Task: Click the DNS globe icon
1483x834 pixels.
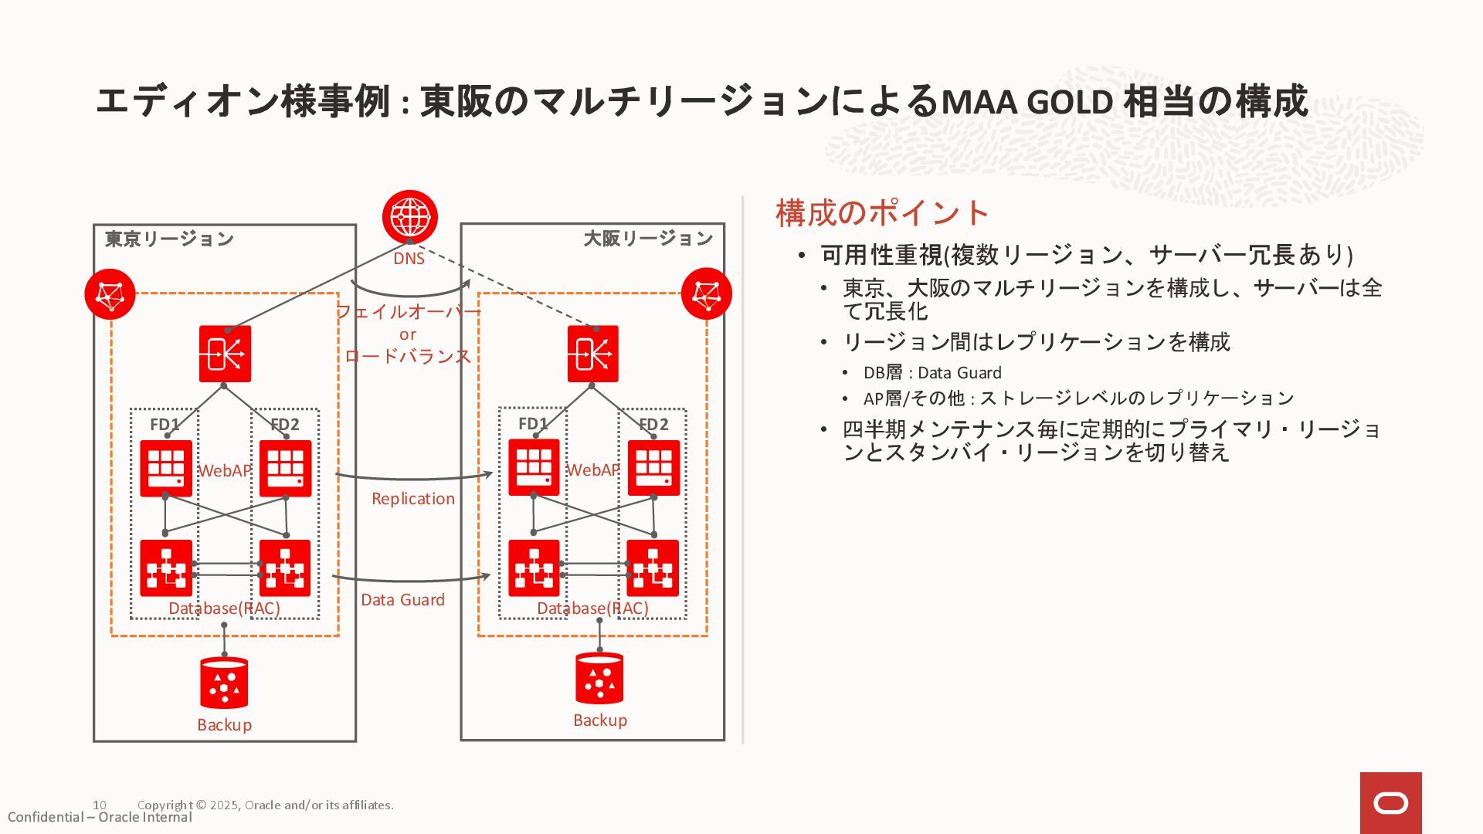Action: click(x=409, y=217)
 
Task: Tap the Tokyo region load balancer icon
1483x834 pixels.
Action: click(x=225, y=354)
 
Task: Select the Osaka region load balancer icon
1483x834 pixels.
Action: click(x=592, y=354)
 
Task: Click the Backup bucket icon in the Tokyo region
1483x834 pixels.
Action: click(x=224, y=683)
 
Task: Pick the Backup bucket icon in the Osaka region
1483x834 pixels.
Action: click(x=599, y=678)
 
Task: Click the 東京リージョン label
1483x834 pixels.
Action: click(x=169, y=239)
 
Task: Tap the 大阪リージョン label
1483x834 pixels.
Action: click(x=647, y=238)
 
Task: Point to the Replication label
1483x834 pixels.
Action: click(x=413, y=499)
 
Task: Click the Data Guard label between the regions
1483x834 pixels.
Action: click(x=402, y=600)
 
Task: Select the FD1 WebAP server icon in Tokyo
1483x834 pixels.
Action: click(x=166, y=468)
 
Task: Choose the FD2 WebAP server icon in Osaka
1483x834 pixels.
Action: click(x=653, y=468)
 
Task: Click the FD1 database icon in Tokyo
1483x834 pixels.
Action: click(x=166, y=568)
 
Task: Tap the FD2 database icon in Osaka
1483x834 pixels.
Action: click(x=653, y=568)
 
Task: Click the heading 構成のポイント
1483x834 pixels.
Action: click(x=882, y=213)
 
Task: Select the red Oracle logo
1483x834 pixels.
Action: click(x=1390, y=803)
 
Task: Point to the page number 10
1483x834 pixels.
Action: click(x=100, y=805)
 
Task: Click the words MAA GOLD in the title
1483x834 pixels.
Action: click(x=1027, y=102)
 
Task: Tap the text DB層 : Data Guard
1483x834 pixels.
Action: click(x=932, y=373)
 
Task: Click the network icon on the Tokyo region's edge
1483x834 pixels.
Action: click(x=110, y=294)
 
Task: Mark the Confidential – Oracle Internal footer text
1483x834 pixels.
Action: click(x=100, y=818)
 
